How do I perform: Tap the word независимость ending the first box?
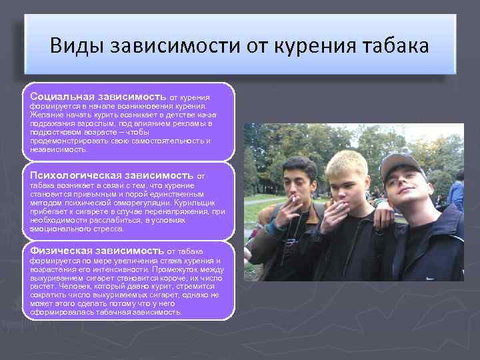[x=59, y=149]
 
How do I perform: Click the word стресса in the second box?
[x=107, y=229]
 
